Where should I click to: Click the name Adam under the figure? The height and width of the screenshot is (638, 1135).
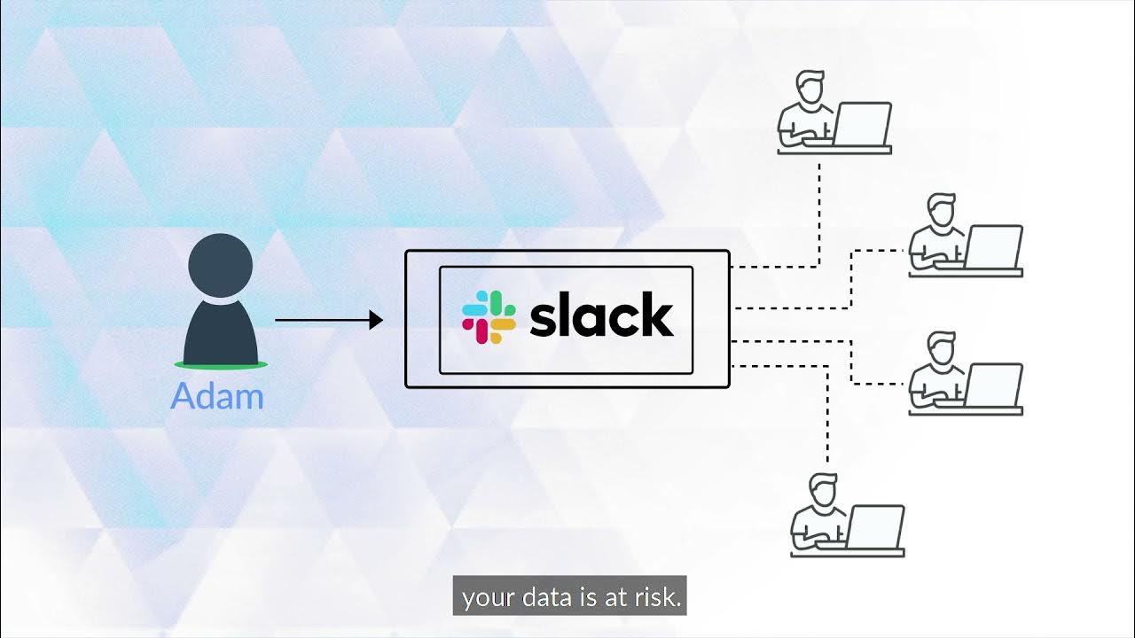tap(217, 396)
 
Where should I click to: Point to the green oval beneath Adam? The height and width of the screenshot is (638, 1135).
tap(221, 364)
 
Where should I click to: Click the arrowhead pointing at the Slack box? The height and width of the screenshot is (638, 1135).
tap(376, 320)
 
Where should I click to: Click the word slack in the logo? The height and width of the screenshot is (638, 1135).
tap(601, 316)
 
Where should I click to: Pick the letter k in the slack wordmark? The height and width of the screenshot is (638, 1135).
tap(656, 315)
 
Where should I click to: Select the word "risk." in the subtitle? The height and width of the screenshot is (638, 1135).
tap(655, 599)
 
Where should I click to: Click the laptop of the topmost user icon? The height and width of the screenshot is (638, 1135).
tap(862, 124)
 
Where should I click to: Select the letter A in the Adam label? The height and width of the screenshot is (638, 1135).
tap(184, 396)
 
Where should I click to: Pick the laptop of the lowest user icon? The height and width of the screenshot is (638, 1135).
tap(875, 527)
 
